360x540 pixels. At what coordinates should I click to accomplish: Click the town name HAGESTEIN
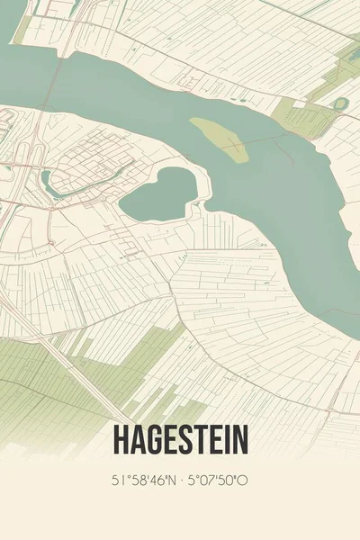(x=180, y=440)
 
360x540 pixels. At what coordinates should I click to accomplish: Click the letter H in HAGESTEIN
(x=121, y=440)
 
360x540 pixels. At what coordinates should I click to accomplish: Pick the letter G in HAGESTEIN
(x=152, y=440)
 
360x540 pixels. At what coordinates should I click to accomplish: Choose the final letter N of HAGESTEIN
(x=240, y=440)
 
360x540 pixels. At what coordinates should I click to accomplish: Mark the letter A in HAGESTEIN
(x=136, y=440)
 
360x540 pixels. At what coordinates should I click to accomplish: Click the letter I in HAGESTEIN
(x=225, y=440)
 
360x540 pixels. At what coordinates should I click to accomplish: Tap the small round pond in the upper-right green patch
(x=339, y=103)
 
